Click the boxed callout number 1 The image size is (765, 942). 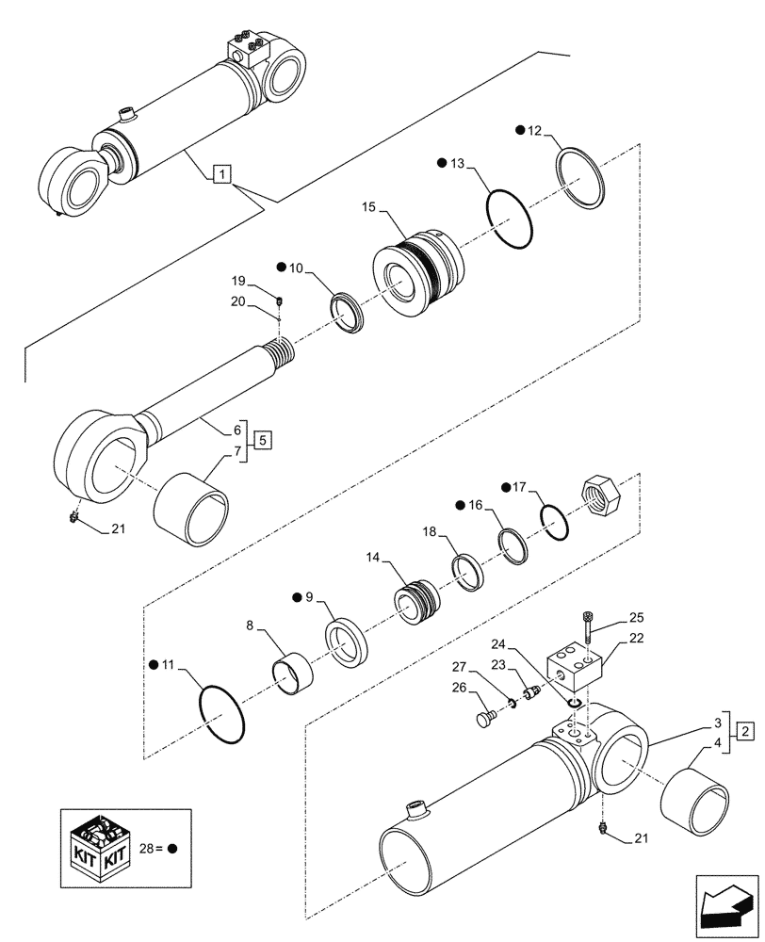coord(220,173)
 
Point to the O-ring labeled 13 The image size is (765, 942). coord(511,220)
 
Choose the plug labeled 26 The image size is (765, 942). coord(485,722)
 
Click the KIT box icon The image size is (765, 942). coord(98,847)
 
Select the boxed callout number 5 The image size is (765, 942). coord(265,439)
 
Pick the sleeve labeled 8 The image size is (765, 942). coord(291,679)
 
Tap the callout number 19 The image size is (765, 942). coord(238,280)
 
